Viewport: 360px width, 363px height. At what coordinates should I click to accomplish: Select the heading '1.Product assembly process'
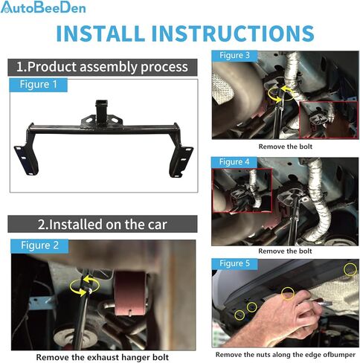[x=102, y=67]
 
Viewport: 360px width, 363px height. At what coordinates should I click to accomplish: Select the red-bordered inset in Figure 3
[x=328, y=119]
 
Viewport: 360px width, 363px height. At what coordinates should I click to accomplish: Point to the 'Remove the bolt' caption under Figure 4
[x=286, y=251]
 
